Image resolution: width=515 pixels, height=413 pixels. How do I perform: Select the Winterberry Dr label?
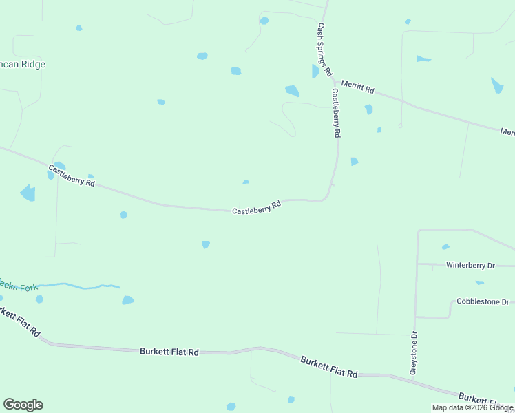click(x=470, y=265)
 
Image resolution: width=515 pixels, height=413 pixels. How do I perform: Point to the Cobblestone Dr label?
click(x=483, y=302)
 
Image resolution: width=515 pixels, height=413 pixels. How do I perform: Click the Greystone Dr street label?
click(x=414, y=354)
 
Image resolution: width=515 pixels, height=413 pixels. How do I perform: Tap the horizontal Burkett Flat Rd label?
click(x=169, y=351)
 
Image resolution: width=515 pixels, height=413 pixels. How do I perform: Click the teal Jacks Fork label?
click(x=19, y=286)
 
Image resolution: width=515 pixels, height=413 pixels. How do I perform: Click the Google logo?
click(x=23, y=405)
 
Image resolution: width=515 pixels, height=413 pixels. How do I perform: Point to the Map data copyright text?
click(x=472, y=407)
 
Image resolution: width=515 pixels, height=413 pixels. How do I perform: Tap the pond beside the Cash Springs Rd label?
click(x=315, y=71)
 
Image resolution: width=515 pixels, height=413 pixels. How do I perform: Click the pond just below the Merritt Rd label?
click(x=368, y=109)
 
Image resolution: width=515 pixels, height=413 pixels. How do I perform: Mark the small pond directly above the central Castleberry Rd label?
click(x=246, y=182)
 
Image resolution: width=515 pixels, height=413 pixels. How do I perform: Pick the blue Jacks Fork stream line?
click(x=83, y=286)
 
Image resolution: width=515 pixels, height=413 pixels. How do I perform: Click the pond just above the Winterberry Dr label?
click(x=445, y=247)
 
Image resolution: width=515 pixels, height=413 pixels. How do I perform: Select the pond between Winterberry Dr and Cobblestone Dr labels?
click(x=479, y=282)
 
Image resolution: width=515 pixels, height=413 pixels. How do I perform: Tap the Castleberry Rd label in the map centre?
click(x=256, y=207)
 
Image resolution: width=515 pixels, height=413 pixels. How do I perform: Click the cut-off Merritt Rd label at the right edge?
click(x=507, y=131)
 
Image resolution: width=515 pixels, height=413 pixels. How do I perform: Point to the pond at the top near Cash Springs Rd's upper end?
click(x=264, y=21)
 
